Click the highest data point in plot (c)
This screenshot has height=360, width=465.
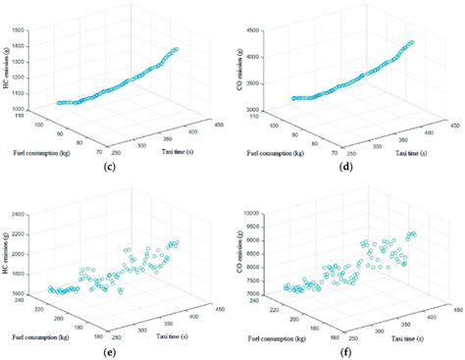click(x=177, y=48)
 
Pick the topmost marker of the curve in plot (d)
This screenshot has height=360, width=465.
click(x=411, y=42)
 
